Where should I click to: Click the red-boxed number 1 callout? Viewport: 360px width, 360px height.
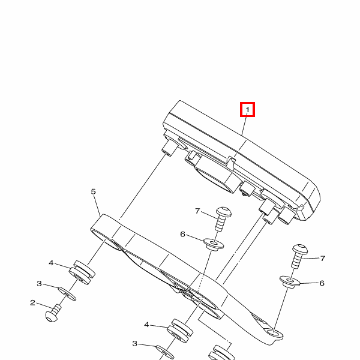tap(247, 110)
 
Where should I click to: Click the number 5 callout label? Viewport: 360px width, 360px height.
tap(93, 191)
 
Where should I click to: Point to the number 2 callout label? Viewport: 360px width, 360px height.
tap(32, 302)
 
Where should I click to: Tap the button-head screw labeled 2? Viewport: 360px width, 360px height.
tap(53, 313)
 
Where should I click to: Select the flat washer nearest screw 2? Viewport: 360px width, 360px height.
tap(67, 293)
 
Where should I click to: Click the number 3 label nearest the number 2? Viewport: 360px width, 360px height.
tap(39, 284)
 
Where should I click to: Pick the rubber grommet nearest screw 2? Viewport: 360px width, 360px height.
tap(82, 272)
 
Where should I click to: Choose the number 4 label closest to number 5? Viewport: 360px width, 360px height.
tap(51, 263)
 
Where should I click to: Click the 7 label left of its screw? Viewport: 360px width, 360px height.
tap(197, 211)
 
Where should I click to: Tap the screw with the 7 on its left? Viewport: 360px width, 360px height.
tap(222, 218)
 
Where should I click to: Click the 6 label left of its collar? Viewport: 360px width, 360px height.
tap(182, 234)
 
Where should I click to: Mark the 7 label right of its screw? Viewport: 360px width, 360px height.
tap(323, 259)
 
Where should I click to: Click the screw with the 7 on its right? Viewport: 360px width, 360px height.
tap(299, 256)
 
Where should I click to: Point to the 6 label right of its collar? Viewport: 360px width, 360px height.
tap(322, 283)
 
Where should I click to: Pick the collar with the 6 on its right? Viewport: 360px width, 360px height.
tap(290, 282)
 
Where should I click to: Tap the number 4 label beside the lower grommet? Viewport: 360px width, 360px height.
tap(146, 325)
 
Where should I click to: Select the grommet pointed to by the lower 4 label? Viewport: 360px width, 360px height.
tap(180, 331)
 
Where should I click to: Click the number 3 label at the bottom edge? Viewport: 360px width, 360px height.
tap(134, 344)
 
